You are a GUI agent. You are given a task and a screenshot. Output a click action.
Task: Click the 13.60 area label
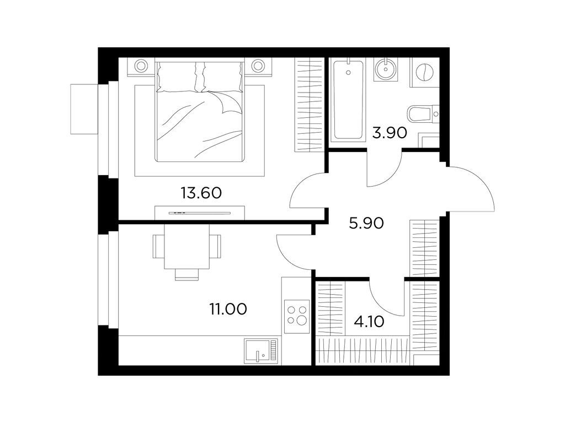201,193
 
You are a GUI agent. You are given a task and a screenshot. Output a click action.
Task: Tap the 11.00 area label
228,308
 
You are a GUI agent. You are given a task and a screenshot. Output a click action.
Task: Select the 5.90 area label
366,224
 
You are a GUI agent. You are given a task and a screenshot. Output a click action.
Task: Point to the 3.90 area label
390,133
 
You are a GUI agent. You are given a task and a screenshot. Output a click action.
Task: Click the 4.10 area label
369,322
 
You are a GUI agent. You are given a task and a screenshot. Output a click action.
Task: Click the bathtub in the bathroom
348,100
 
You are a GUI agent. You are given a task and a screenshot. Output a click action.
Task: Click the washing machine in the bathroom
425,72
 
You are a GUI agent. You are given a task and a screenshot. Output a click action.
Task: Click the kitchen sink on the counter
261,350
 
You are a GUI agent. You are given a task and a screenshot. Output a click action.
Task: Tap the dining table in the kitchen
186,246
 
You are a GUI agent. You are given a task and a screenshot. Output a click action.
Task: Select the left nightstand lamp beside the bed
141,66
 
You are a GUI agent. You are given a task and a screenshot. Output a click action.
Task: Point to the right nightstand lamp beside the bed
258,66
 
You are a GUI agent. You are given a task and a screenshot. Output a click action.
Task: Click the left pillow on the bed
177,77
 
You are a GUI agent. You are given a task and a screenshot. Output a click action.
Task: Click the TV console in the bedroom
200,213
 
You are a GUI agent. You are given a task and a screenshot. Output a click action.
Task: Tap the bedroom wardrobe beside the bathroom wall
308,104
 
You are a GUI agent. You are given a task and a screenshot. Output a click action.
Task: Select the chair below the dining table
186,274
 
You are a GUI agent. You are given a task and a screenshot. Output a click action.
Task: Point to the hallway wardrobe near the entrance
424,248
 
